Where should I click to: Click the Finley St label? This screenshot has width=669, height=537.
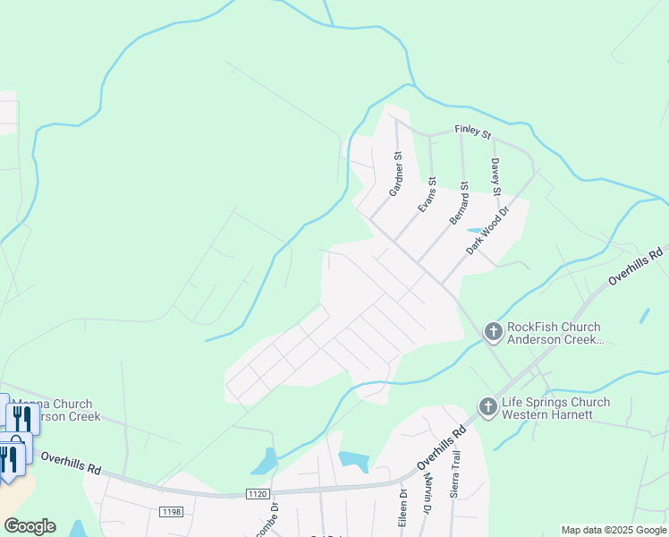pos(473,132)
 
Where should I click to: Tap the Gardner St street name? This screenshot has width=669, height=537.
pos(395,174)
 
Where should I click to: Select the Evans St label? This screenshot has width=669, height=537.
pos(427,194)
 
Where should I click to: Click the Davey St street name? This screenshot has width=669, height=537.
pos(495,176)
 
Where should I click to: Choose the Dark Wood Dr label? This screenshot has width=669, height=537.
pos(487,231)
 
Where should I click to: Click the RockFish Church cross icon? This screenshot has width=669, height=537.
pos(492,332)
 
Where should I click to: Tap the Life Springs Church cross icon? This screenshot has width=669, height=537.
pos(487,407)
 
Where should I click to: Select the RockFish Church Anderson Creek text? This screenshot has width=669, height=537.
pos(554,333)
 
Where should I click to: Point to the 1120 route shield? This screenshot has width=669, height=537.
pos(257,493)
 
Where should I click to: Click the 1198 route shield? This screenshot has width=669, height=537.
pos(171,511)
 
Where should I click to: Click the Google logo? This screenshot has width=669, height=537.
pos(30,526)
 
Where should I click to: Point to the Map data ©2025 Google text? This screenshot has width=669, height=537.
pos(613,530)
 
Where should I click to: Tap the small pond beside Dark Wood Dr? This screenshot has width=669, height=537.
pos(474,230)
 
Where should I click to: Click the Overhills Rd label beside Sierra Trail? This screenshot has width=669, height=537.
pos(442,447)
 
